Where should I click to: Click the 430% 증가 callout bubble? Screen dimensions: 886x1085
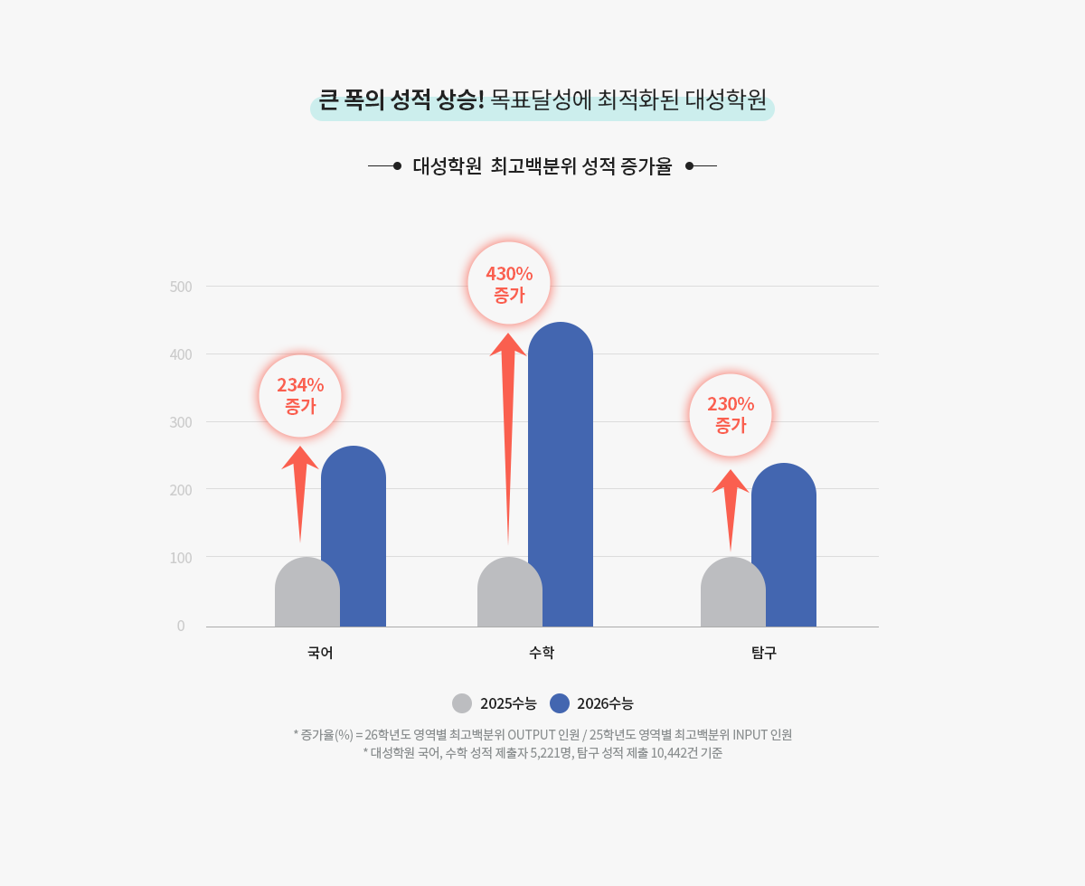[x=509, y=283]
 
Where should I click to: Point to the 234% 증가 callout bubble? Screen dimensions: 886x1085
[x=300, y=396]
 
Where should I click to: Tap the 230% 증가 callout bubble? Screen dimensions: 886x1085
[x=731, y=415]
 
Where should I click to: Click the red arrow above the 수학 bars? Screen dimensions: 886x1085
[x=508, y=407]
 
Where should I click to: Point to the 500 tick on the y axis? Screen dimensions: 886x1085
[x=181, y=287]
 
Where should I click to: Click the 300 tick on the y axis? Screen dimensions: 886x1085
[x=181, y=422]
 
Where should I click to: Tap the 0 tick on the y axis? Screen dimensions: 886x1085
[x=181, y=626]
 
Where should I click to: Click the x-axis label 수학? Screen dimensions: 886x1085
[x=542, y=653]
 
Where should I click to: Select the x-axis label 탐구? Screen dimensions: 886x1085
[x=764, y=653]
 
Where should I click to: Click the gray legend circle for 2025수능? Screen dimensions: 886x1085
[x=462, y=703]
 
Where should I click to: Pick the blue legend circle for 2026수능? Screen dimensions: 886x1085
[x=560, y=703]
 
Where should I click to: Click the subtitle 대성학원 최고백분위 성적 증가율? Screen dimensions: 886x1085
[x=542, y=166]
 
